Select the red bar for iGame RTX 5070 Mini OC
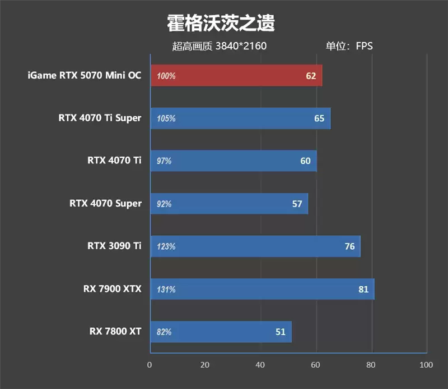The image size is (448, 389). tap(235, 75)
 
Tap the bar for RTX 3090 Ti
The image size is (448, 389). tap(255, 246)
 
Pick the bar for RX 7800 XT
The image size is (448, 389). tap(221, 332)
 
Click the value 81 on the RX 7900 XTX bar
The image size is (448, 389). tap(363, 289)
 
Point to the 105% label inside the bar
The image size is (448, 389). tap(166, 118)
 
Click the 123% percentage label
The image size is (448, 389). tap(166, 246)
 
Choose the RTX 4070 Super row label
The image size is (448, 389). tap(105, 203)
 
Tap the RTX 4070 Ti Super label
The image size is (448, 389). tap(100, 118)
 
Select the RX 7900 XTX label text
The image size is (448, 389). tap(112, 289)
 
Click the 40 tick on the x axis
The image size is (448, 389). tap(260, 365)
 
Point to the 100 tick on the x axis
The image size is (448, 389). tap(426, 365)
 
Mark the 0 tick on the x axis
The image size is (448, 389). tap(150, 365)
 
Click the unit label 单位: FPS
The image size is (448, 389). tap(349, 46)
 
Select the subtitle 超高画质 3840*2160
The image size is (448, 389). tap(219, 46)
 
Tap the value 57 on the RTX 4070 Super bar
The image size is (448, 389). tap(297, 204)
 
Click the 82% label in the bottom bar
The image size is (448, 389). tap(164, 332)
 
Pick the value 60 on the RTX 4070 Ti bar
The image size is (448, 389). tap(305, 161)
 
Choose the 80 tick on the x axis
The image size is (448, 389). tap(371, 365)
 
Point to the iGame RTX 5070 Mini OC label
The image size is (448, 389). tap(84, 75)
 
